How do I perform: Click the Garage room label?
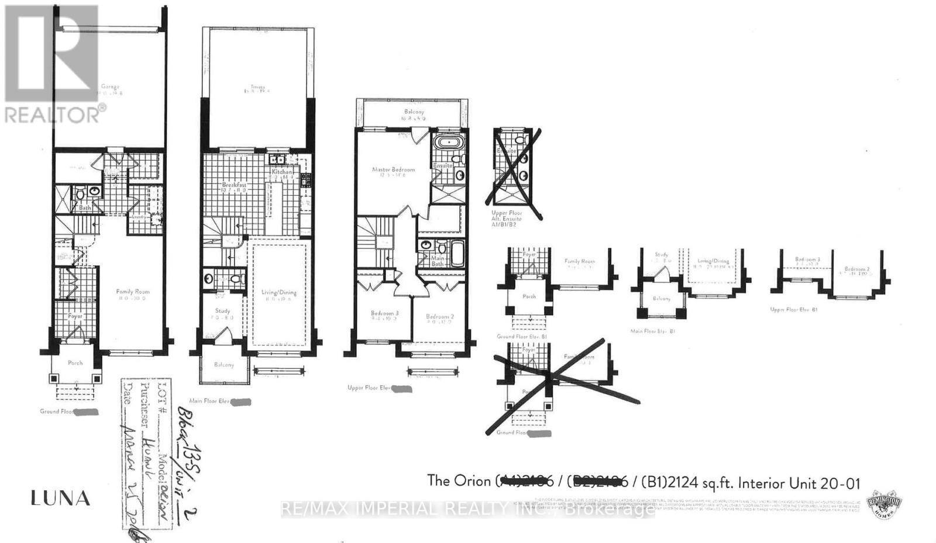click(109, 87)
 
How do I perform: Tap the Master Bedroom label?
click(393, 170)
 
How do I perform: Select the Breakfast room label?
click(233, 185)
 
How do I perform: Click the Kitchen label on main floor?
click(281, 172)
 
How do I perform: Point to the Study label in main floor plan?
click(222, 311)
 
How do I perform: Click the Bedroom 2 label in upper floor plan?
click(440, 316)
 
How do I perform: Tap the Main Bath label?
click(437, 261)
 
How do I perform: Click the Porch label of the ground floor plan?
click(75, 362)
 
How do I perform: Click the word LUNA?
click(60, 499)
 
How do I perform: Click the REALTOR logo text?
click(56, 114)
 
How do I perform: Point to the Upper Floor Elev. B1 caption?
click(793, 309)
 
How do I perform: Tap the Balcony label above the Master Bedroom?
click(414, 112)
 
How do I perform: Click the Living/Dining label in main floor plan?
click(278, 292)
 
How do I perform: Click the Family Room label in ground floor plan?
click(133, 291)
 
